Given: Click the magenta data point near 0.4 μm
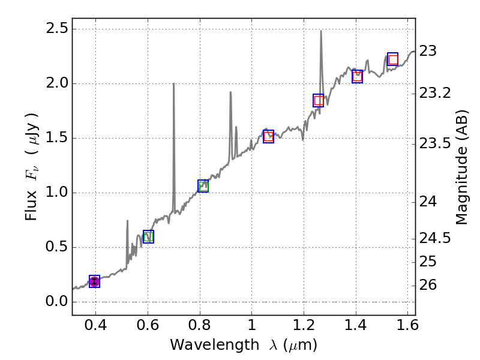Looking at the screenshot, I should pos(94,281).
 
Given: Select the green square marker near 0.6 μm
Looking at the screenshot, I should pos(148,236).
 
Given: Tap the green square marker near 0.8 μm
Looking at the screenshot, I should pos(203,186).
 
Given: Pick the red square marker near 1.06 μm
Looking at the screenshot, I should pos(268,136).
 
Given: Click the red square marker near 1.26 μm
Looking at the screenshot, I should pos(319,100).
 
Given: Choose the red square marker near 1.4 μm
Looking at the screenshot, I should pos(357,76).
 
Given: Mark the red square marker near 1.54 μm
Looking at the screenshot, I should pos(393,59).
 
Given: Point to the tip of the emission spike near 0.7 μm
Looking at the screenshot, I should pos(174,83).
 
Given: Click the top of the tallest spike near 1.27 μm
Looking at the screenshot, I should pos(321,31).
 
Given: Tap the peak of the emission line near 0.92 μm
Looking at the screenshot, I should pos(230,92).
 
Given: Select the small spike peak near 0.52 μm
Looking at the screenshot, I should pos(127,221).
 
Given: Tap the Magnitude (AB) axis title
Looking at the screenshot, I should pos(461,167).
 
